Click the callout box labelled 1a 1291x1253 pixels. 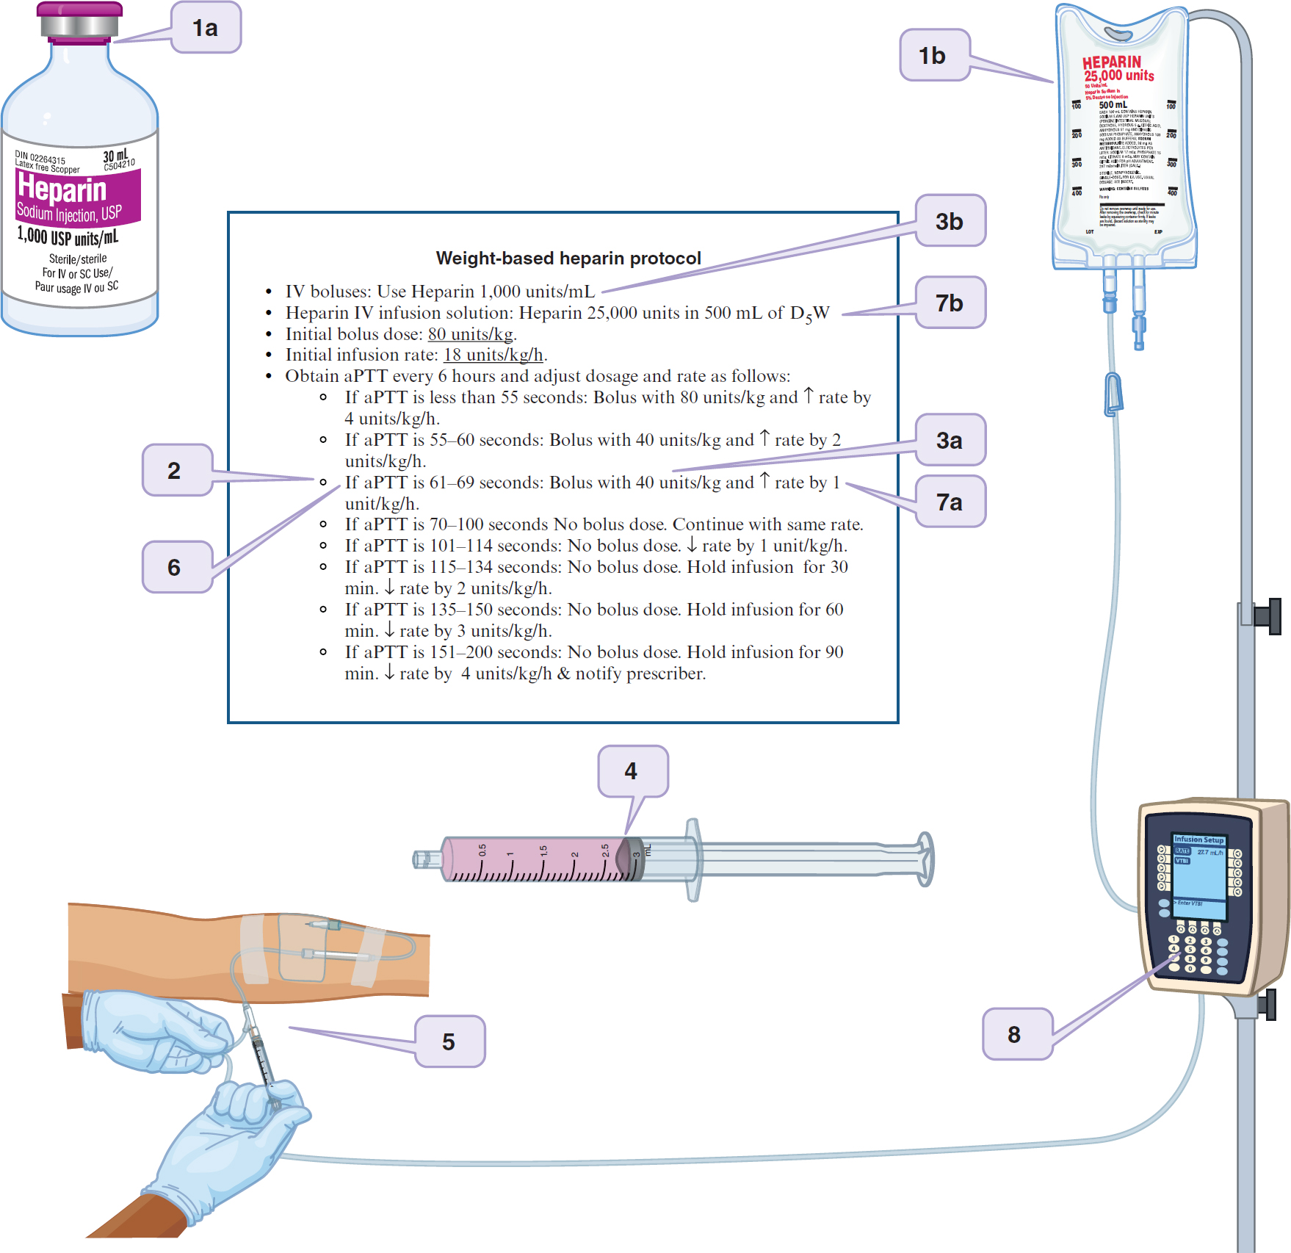click(206, 28)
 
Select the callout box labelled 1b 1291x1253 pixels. click(934, 55)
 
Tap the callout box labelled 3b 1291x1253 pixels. click(950, 221)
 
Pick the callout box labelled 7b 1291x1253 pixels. click(950, 303)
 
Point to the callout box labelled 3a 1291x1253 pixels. click(950, 440)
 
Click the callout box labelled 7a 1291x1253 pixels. click(950, 502)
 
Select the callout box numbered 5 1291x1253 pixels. click(449, 1041)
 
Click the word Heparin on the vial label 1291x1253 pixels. click(63, 189)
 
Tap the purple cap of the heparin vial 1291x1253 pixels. click(80, 10)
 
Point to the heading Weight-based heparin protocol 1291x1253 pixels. click(568, 259)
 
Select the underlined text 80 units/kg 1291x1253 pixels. click(471, 334)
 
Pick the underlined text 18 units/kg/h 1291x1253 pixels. click(493, 355)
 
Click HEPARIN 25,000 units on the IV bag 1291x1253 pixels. click(1118, 68)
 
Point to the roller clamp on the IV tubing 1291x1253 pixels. click(1113, 394)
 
